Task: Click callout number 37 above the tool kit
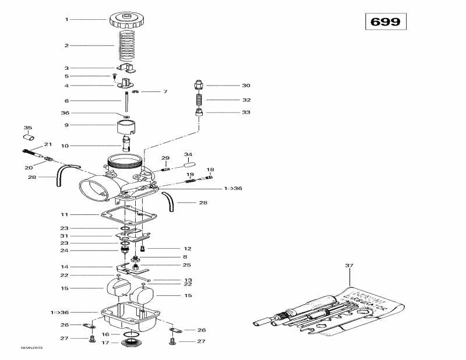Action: [x=349, y=266]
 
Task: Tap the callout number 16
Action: [x=105, y=334]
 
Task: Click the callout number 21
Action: [x=48, y=144]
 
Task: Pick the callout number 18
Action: [x=210, y=170]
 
